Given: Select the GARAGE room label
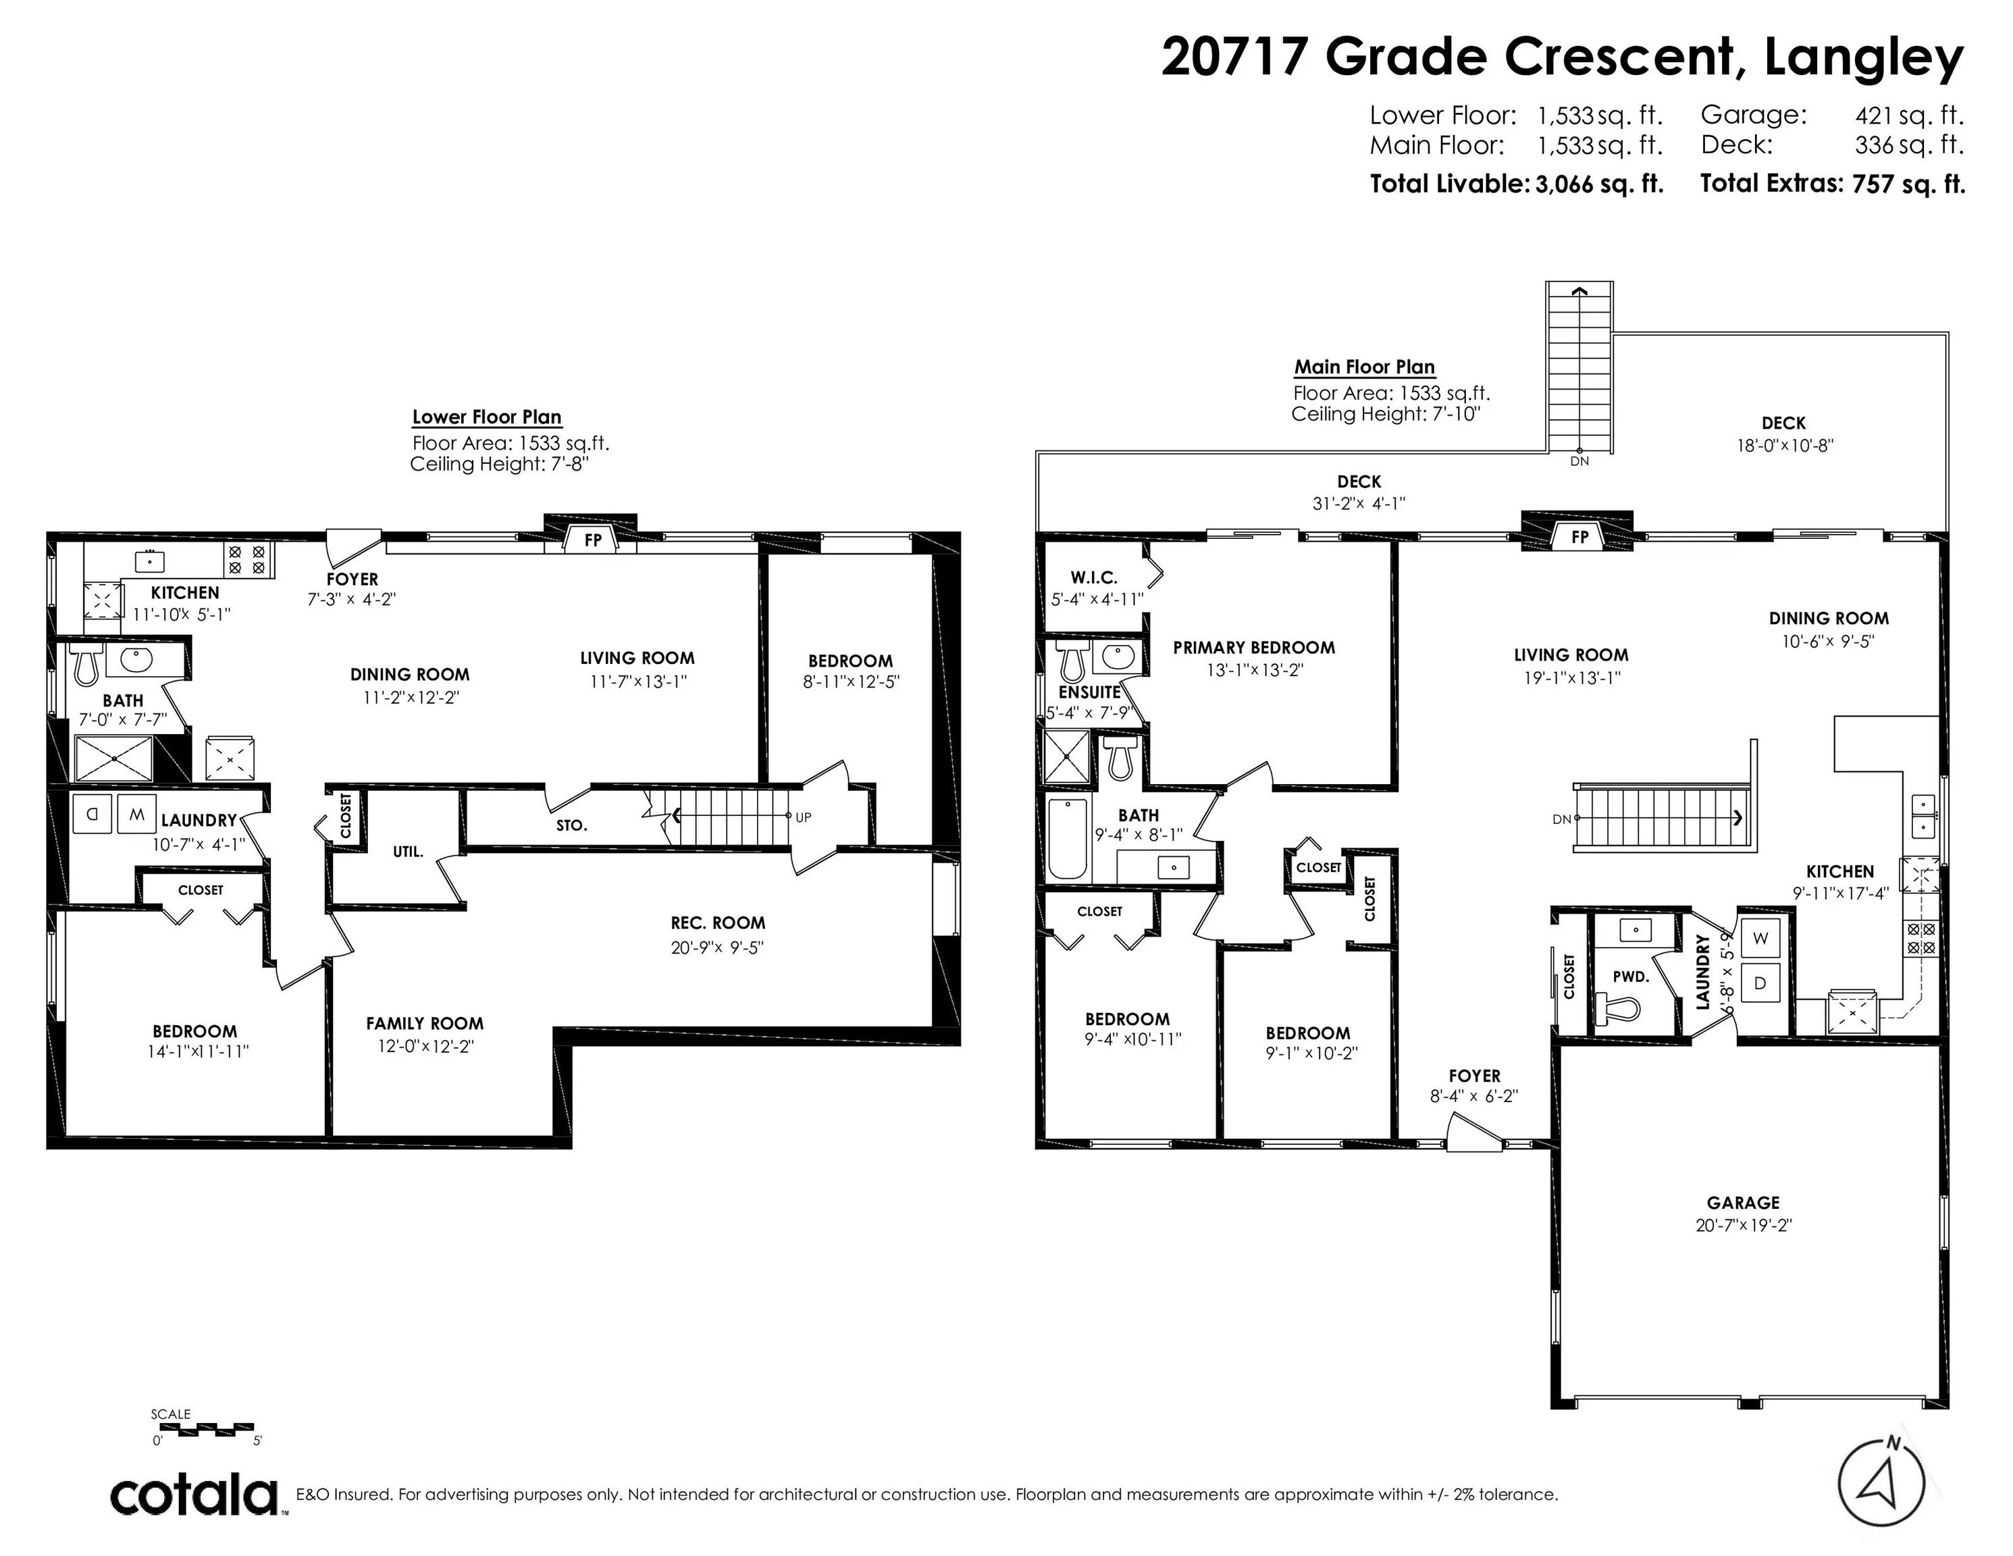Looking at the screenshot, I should click(1742, 1203).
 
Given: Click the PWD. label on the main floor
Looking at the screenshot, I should click(1629, 976).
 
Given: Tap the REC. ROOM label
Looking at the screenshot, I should click(717, 923).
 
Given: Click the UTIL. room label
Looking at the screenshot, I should click(407, 852).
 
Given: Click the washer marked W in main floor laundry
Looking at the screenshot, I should click(1760, 938).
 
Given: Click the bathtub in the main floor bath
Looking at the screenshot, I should click(1068, 839).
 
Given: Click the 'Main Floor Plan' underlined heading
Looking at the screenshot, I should click(1364, 367).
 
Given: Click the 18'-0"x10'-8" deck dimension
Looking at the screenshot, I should click(1783, 445).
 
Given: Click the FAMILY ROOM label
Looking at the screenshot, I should click(424, 1023).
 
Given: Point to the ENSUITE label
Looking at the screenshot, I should click(1089, 692).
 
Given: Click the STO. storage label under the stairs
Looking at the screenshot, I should click(571, 826).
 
